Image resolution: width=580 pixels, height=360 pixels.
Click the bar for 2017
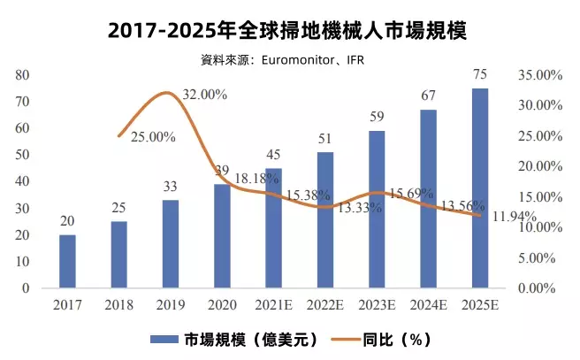click(x=67, y=262)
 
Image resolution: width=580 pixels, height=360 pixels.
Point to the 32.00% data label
click(x=205, y=94)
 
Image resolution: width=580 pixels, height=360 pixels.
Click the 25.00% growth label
click(x=153, y=137)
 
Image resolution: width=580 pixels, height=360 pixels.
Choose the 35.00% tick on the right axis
click(x=538, y=76)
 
